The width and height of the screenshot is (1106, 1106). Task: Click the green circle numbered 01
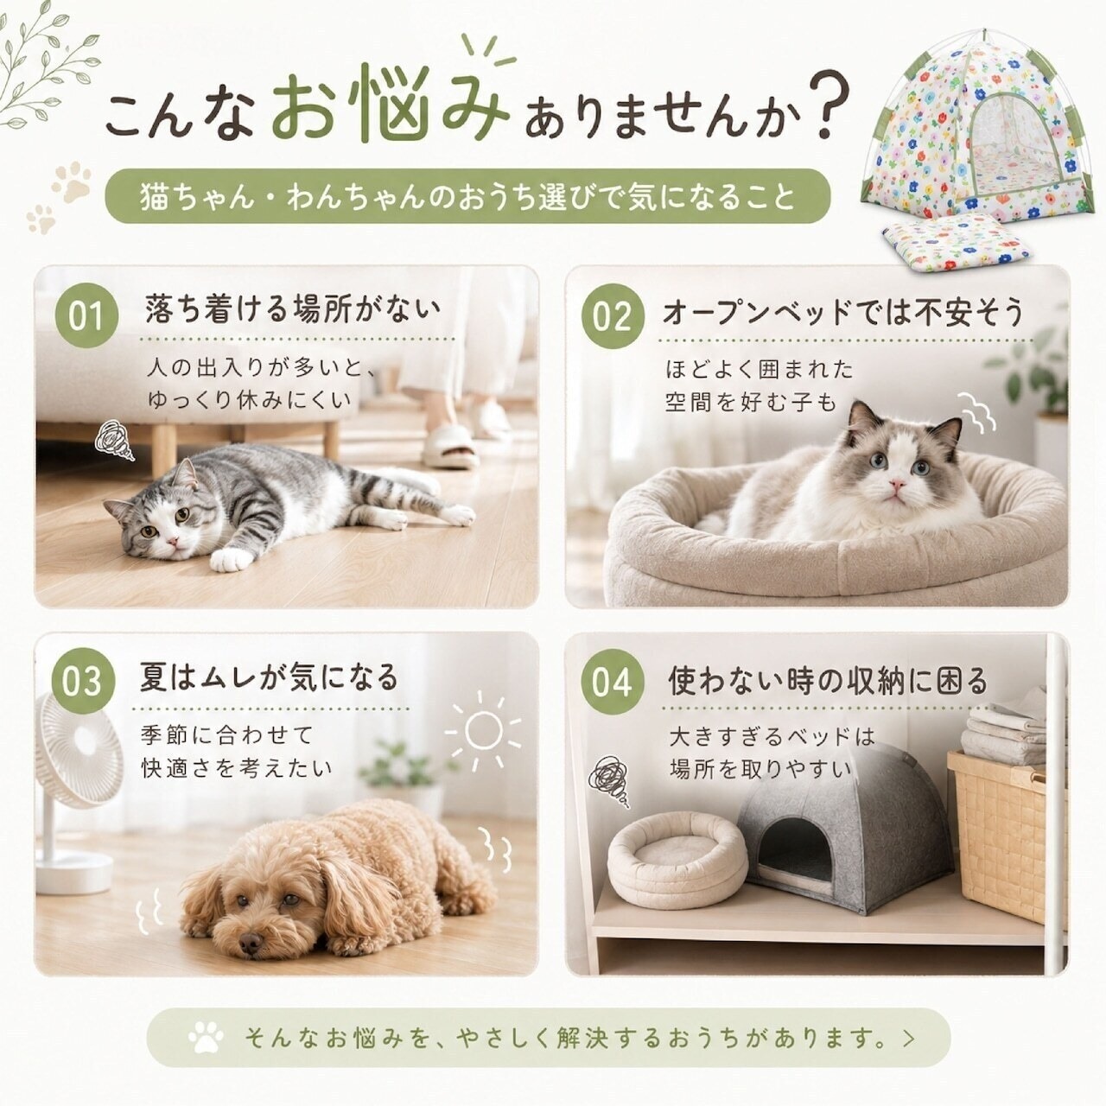coord(86,315)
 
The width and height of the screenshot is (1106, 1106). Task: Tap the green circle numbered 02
coord(612,316)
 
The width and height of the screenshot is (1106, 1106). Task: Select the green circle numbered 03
coord(84,681)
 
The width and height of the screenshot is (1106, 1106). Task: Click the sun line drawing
coord(483,731)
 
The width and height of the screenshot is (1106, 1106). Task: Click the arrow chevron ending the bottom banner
coord(908,1038)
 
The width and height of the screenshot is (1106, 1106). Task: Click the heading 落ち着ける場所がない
coord(293,310)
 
